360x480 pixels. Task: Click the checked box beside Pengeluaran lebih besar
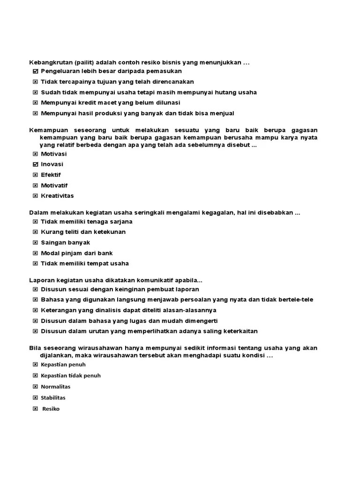[x=36, y=71]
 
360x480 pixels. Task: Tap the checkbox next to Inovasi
[x=36, y=165]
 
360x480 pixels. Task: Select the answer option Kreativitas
[x=57, y=196]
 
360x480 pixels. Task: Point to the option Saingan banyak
[x=65, y=242]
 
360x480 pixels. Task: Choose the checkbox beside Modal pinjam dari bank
[x=36, y=253]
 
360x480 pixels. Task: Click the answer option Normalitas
[x=55, y=387]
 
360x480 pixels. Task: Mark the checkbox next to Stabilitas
[x=36, y=397]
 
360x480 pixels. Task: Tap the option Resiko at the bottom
[x=51, y=409]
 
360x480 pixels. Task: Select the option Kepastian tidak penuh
[x=70, y=375]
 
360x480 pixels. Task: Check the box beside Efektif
[x=36, y=175]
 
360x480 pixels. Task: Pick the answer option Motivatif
[x=54, y=186]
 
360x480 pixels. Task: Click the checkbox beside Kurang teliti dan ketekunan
[x=36, y=232]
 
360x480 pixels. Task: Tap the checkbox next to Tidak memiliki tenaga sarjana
[x=36, y=221]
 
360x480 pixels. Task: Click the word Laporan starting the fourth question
[x=42, y=280]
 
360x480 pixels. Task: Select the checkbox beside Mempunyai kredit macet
[x=36, y=103]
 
